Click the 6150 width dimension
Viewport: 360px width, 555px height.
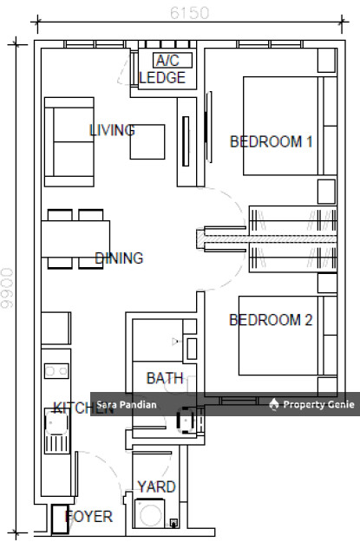[x=189, y=13]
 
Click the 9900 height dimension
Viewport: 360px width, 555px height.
[x=8, y=288]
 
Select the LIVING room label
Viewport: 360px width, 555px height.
[x=112, y=130]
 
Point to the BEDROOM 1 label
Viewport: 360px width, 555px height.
[x=272, y=141]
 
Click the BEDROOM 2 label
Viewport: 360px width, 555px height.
[x=271, y=320]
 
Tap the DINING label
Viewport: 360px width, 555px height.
[x=120, y=258]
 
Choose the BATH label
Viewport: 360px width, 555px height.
[x=165, y=378]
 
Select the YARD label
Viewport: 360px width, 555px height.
[x=156, y=486]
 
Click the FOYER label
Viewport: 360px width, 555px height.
[x=89, y=517]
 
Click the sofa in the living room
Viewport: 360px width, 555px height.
[x=69, y=142]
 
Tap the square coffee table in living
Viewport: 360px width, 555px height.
[x=147, y=141]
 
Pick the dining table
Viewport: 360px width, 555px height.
[x=75, y=239]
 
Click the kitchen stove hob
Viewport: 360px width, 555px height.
[x=56, y=371]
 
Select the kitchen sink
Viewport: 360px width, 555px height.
[x=56, y=431]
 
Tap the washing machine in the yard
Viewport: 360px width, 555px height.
[x=150, y=513]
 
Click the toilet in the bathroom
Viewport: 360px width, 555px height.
[x=186, y=420]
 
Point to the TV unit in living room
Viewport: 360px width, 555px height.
[x=187, y=142]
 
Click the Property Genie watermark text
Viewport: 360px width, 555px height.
[x=318, y=404]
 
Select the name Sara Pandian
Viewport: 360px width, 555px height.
[x=127, y=405]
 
